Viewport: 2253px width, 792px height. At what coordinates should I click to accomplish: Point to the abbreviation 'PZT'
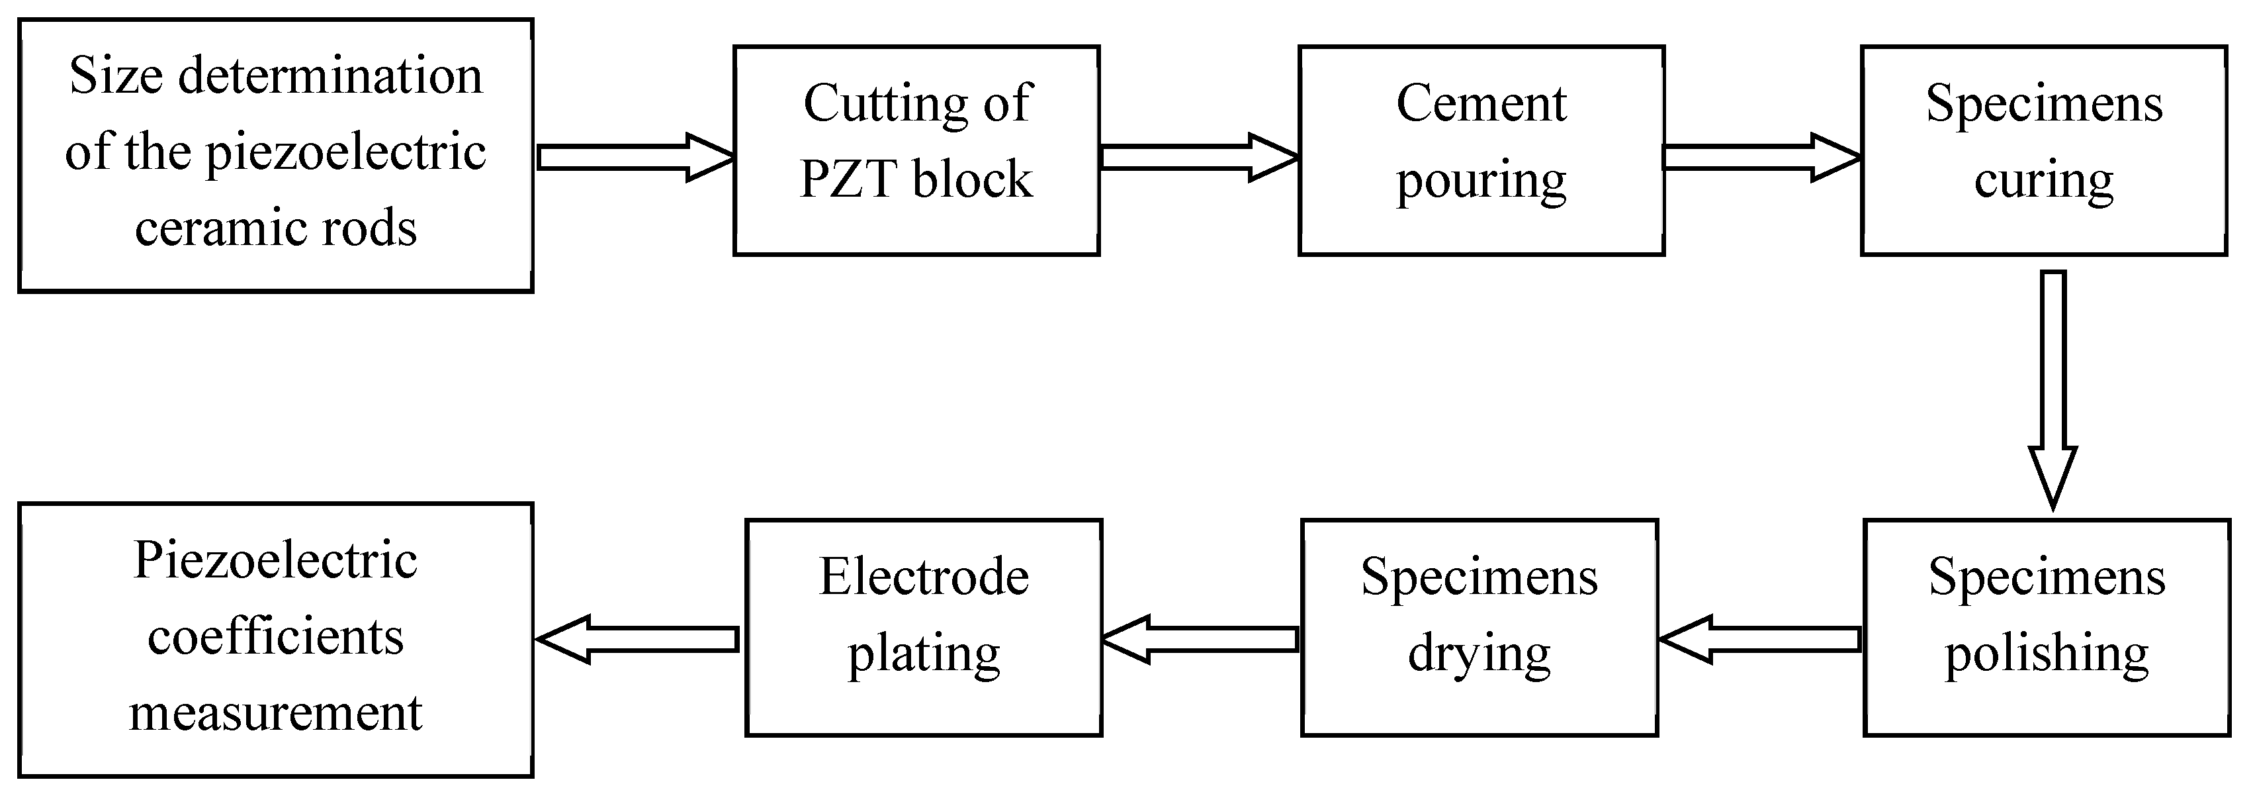click(848, 180)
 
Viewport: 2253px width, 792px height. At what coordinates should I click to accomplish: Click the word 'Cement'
click(1481, 104)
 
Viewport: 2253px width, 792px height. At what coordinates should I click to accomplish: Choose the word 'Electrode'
click(924, 577)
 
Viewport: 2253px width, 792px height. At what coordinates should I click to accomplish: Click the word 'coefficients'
click(275, 637)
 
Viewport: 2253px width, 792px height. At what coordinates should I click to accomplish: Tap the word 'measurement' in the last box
click(275, 713)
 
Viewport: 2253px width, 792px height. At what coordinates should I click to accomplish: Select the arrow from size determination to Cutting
click(633, 158)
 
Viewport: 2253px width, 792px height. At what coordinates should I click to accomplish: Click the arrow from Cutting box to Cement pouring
click(1198, 158)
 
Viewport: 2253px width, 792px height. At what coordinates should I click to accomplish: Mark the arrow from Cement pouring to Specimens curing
click(1761, 158)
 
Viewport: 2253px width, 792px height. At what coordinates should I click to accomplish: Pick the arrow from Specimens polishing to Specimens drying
click(1759, 640)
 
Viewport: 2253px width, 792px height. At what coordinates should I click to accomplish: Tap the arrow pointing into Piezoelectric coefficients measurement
click(637, 640)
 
